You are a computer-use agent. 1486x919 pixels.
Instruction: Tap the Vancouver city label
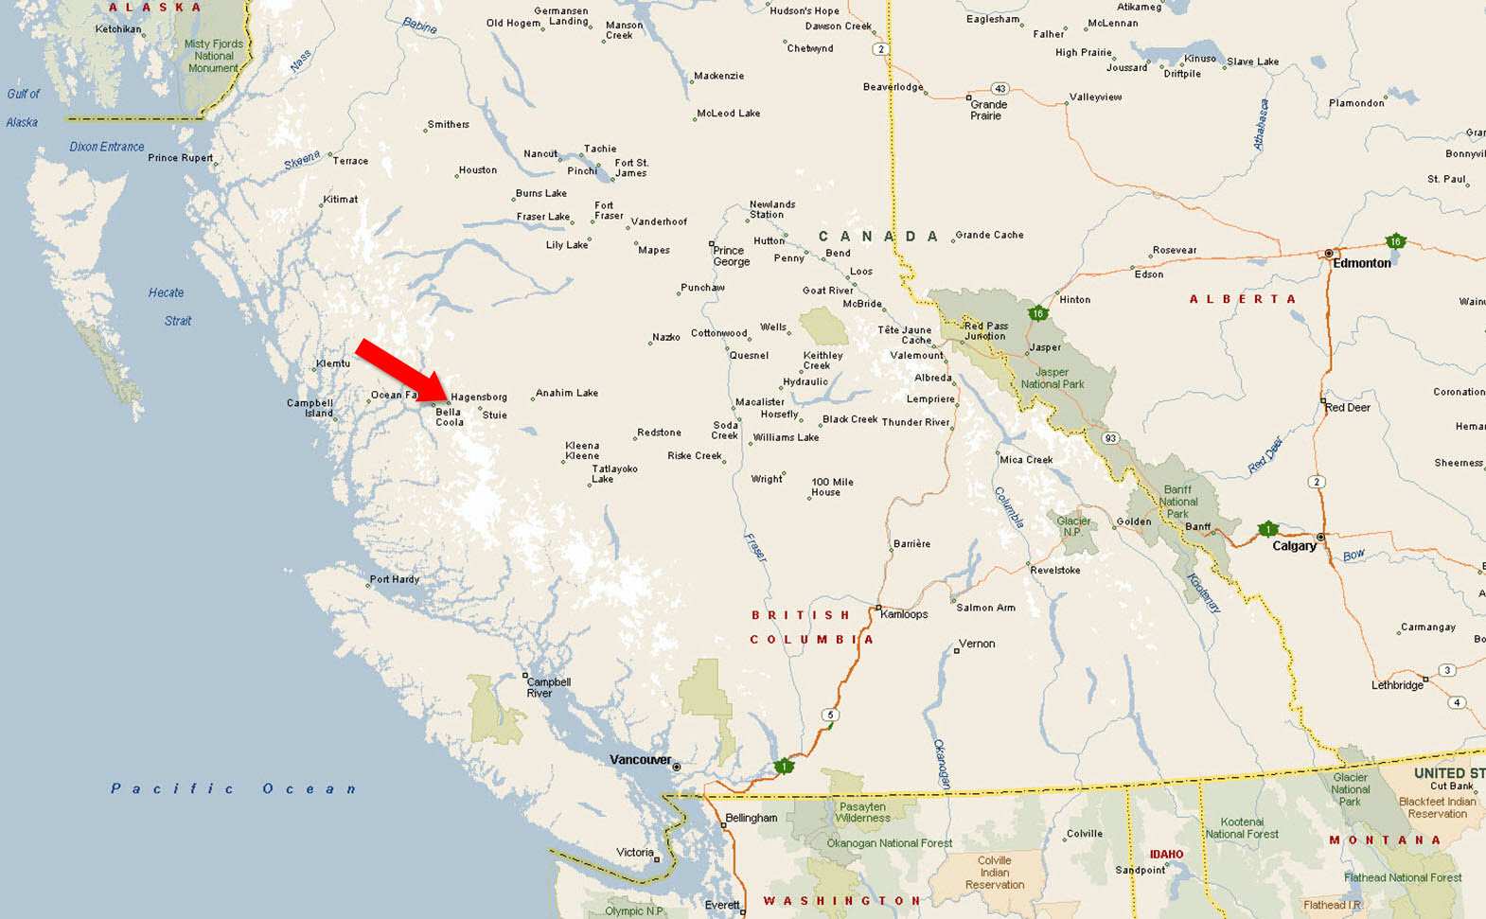click(x=640, y=760)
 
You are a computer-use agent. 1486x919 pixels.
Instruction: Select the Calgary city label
click(x=1294, y=546)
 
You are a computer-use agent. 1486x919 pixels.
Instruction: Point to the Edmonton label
click(x=1362, y=263)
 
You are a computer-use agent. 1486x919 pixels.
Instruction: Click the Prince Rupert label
click(x=180, y=158)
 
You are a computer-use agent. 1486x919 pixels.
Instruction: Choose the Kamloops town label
click(x=904, y=614)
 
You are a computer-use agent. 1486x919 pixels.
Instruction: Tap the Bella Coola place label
click(x=449, y=417)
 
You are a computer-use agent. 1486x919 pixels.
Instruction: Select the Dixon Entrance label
click(x=107, y=147)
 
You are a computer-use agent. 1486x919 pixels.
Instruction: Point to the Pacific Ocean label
click(x=233, y=788)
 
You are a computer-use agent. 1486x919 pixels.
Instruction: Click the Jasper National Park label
click(x=1053, y=379)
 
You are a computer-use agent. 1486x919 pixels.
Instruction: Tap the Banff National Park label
click(x=1178, y=502)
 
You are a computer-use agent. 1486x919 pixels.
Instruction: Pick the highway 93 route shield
click(x=1110, y=438)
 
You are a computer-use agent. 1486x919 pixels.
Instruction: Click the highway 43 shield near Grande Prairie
click(x=1000, y=89)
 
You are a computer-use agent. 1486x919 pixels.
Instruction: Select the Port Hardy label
click(x=395, y=579)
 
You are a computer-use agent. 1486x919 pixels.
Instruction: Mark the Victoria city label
click(x=635, y=853)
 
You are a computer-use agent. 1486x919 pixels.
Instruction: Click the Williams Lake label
click(x=786, y=437)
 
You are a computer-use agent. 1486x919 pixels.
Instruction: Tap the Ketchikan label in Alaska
click(x=118, y=29)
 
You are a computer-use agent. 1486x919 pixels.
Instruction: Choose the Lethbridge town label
click(x=1398, y=685)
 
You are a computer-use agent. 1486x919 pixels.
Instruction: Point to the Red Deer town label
click(x=1348, y=408)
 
